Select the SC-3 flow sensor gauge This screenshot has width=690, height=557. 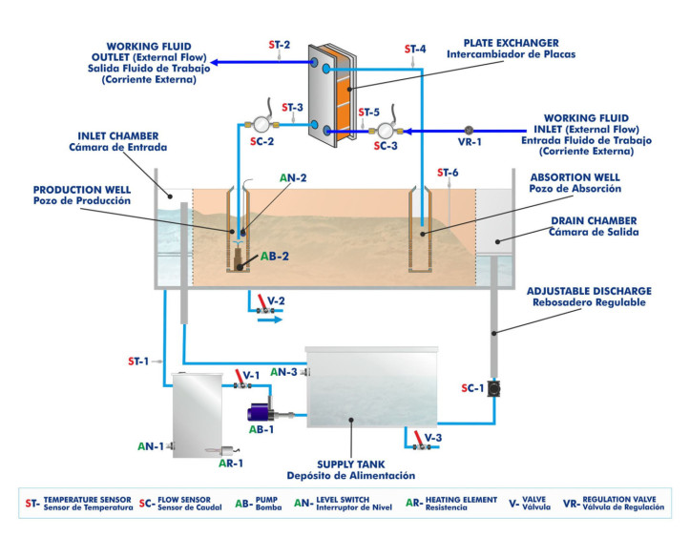tap(384, 131)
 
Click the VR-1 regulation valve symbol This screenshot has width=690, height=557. tap(468, 131)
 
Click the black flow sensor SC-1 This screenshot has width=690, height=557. tap(493, 389)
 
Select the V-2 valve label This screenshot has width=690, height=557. tap(276, 300)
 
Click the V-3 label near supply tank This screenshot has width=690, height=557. tap(432, 437)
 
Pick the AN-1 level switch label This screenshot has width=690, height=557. tap(151, 445)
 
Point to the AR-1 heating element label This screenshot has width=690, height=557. tap(230, 464)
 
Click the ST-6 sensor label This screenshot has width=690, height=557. tap(449, 173)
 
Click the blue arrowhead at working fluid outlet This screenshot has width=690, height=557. tap(215, 63)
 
